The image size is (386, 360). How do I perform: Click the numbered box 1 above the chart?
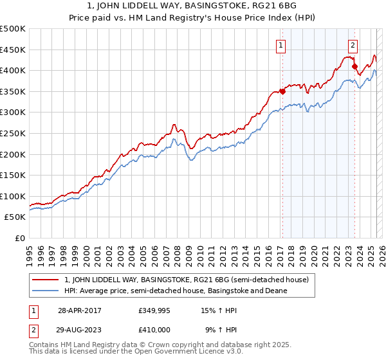[x=282, y=45]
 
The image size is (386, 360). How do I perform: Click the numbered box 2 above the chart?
[x=353, y=45]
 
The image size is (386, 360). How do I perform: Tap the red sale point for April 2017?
[x=282, y=91]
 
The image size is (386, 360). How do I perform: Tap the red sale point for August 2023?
[x=354, y=66]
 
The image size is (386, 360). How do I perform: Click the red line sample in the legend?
[x=46, y=280]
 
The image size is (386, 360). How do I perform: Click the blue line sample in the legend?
[x=46, y=291]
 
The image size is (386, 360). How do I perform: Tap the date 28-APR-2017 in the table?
[x=81, y=310]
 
